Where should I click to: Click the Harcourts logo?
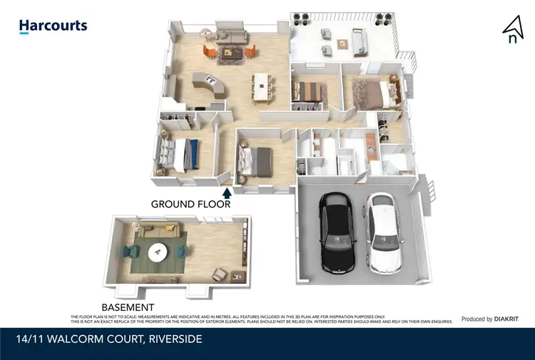point(53,26)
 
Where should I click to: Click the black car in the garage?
point(337,232)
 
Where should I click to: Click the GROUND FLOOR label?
point(190,204)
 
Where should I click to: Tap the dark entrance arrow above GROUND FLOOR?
point(228,192)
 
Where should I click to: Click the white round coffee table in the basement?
point(158,252)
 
